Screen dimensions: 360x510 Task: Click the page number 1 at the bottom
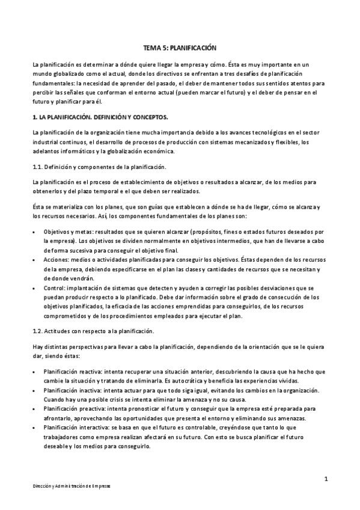click(x=325, y=479)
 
